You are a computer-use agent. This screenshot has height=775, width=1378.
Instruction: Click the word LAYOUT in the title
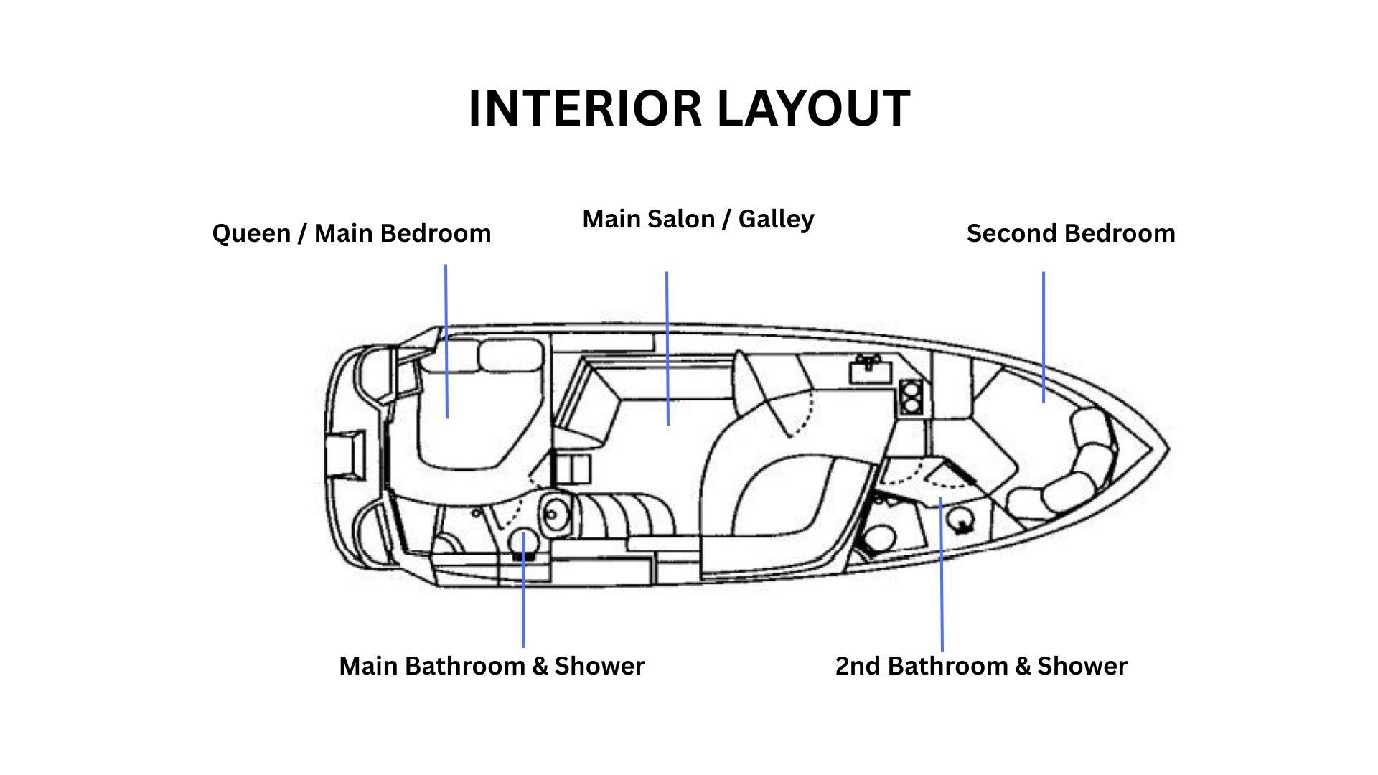(x=814, y=109)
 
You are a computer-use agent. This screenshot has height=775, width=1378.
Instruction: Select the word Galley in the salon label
(x=777, y=220)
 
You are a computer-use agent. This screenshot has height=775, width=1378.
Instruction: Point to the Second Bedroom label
(x=1071, y=233)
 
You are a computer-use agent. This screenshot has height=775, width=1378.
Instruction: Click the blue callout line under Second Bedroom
(x=1044, y=337)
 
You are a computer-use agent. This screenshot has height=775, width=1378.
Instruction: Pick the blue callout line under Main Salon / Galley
(x=667, y=348)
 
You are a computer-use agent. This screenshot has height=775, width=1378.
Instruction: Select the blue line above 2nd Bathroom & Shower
(x=942, y=574)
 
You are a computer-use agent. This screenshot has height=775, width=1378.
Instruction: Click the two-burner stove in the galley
(x=910, y=397)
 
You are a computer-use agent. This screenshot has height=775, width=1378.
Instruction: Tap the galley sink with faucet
(x=871, y=371)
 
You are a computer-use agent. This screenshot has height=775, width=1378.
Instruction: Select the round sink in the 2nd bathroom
(x=962, y=519)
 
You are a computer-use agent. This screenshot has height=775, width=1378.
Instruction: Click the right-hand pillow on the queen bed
(x=510, y=357)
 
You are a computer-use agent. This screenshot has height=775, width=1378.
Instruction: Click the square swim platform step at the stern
(x=344, y=455)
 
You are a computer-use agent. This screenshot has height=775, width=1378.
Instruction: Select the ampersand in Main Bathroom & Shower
(x=540, y=667)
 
